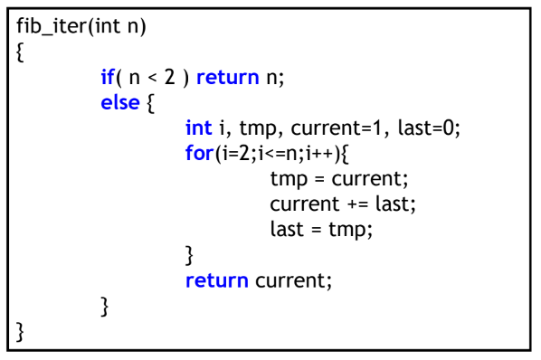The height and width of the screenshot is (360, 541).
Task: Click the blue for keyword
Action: (x=198, y=153)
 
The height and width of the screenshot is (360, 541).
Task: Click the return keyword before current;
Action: (x=216, y=280)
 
